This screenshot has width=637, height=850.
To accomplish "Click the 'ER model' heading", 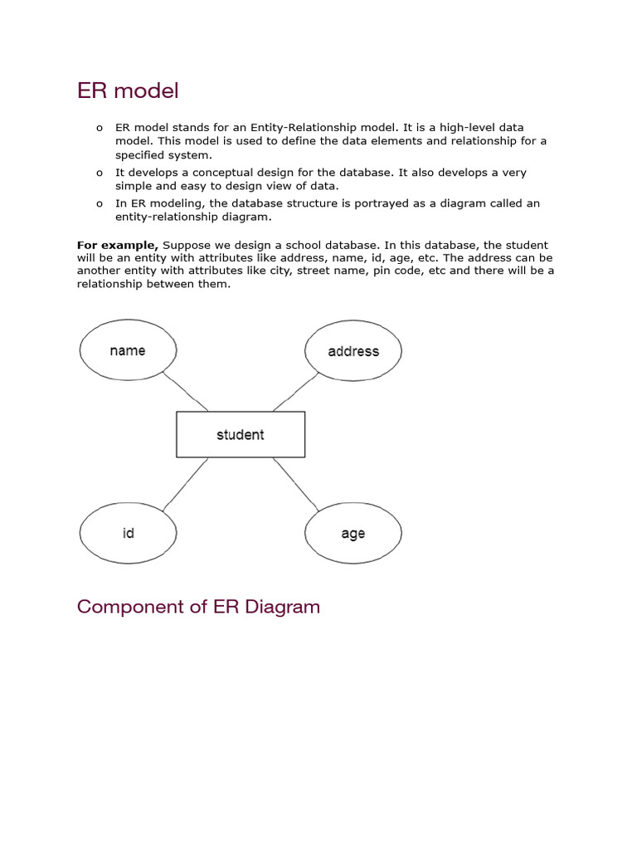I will [x=128, y=90].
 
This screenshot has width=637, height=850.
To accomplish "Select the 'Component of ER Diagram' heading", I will [x=198, y=607].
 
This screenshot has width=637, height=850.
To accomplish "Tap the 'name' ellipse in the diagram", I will [x=128, y=351].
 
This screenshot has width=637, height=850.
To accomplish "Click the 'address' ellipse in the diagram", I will [x=353, y=351].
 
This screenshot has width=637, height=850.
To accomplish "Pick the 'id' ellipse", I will [x=128, y=534].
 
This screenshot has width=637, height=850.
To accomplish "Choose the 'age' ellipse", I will [x=353, y=534].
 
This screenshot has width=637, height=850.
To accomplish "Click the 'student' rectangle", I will [x=241, y=434].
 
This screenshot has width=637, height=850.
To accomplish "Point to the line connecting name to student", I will [x=186, y=391].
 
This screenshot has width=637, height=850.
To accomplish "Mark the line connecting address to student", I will [x=295, y=392].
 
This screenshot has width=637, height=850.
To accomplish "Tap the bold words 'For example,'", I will [x=118, y=245].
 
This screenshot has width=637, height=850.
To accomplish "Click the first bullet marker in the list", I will [x=100, y=128].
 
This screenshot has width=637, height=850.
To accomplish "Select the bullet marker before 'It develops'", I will [x=100, y=173].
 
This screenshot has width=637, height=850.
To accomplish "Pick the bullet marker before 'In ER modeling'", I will [x=100, y=203].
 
